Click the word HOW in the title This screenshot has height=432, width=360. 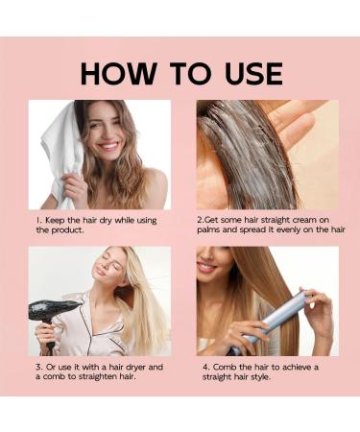118,73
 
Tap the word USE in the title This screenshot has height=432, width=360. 253,74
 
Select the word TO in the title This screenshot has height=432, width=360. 190,73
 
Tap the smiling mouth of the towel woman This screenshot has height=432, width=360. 108,147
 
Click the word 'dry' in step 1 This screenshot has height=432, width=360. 106,221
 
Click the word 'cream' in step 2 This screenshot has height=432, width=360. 305,220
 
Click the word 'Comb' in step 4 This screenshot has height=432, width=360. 225,367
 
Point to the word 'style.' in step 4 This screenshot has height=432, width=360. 260,377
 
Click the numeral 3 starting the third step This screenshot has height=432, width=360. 38,367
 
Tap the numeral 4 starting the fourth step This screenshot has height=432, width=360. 205,368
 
